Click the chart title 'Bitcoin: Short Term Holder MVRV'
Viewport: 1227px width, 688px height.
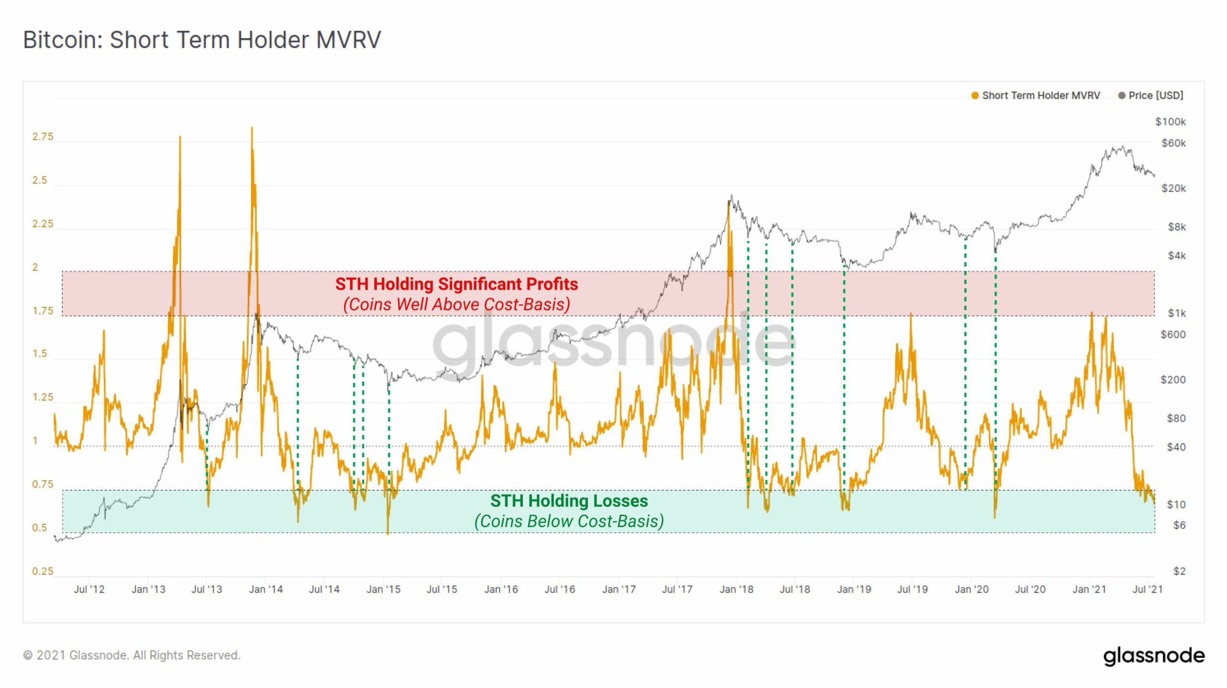(202, 39)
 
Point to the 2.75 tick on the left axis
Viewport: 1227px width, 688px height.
(43, 137)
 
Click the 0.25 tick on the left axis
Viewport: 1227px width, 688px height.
(43, 571)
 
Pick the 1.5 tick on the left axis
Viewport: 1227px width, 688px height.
(40, 354)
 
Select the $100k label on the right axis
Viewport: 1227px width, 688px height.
(1170, 122)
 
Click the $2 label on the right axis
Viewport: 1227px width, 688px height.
(1179, 571)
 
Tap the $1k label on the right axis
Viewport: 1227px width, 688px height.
(1177, 313)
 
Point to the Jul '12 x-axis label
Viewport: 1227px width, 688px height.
(89, 589)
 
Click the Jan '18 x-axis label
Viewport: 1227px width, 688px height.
(736, 589)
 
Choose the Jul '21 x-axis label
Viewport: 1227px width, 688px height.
(1147, 589)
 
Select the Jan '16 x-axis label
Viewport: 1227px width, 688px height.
(501, 589)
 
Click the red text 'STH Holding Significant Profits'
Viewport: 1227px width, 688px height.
(456, 284)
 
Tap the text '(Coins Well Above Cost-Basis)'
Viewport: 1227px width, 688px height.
(456, 304)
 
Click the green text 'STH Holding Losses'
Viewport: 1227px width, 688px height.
(569, 501)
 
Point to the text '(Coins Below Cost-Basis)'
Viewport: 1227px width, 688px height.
(569, 522)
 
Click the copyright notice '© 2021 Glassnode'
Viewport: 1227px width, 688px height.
(132, 655)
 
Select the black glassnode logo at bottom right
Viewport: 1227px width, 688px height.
(1154, 656)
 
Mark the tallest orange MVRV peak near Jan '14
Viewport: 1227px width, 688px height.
(252, 128)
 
